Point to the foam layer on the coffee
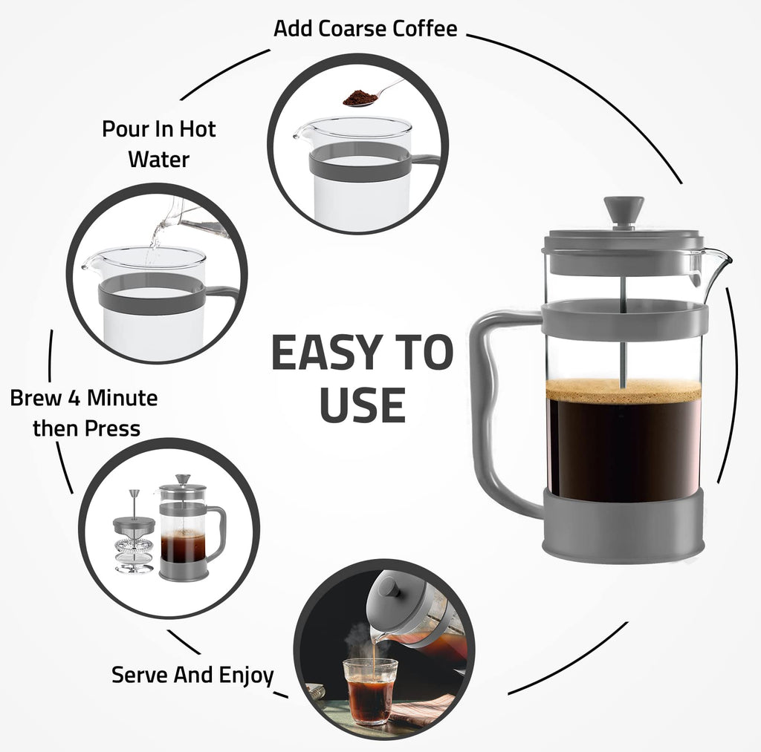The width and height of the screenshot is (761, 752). tap(623, 390)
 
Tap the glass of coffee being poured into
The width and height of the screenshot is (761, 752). tap(369, 690)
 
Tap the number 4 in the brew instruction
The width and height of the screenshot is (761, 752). tap(77, 398)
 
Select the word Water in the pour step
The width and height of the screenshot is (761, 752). tap(158, 159)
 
